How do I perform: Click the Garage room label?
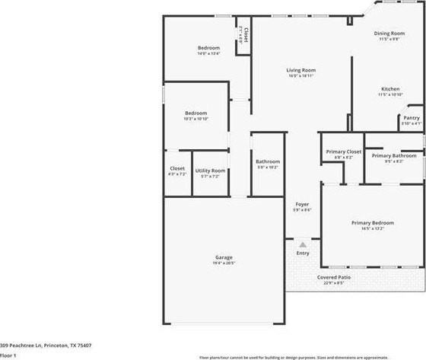pos(224,257)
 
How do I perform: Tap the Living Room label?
pos(301,70)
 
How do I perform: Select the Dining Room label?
pos(388,33)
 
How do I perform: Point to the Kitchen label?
pos(390,89)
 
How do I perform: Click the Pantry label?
pos(411,118)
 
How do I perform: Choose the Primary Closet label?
pos(343,152)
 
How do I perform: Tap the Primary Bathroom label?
pos(393,156)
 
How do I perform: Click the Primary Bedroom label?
pos(372,223)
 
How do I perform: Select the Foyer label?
pos(302,205)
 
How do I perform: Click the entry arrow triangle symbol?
pos(303,244)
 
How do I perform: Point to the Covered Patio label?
pos(334,277)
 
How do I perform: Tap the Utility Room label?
pos(210,170)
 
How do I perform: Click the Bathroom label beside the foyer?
pos(268,161)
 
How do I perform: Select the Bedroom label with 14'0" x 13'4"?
pos(208,48)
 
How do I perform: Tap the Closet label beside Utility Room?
pos(177,168)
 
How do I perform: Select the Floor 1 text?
pos(8,355)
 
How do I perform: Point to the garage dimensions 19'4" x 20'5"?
pos(224,263)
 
